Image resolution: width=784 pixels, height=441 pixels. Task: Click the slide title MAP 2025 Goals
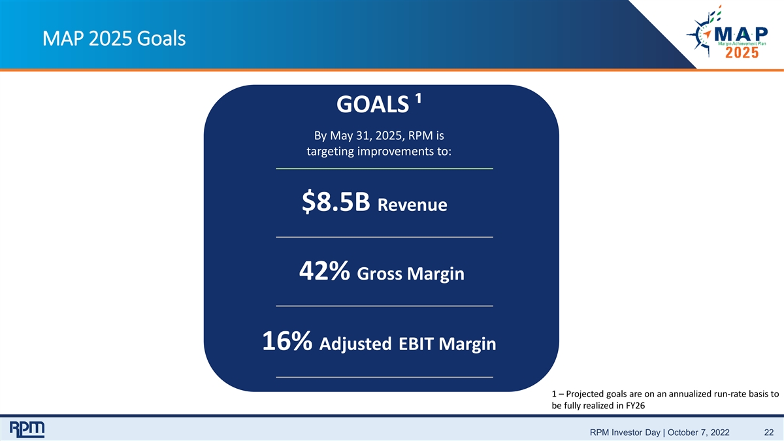[x=114, y=39]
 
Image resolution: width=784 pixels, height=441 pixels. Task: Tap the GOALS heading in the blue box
[x=372, y=105]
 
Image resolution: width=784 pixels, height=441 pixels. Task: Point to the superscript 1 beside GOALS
[x=418, y=99]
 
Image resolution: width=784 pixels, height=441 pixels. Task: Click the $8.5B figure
[x=336, y=202]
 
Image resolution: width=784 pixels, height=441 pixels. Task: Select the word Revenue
[x=412, y=204]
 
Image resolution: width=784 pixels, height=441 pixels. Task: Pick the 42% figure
[x=324, y=270]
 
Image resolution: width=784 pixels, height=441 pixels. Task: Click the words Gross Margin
[x=410, y=274]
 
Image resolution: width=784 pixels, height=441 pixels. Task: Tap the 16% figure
[x=287, y=341]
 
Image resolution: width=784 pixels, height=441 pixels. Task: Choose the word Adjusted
[x=355, y=344]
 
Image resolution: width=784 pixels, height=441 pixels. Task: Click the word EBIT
[x=416, y=344]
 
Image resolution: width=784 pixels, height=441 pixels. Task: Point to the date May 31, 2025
[x=367, y=136]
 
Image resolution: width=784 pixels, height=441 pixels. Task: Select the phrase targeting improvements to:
[x=379, y=152]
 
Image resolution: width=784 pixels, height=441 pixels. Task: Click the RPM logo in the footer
[x=27, y=429]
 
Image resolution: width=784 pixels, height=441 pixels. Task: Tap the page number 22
[x=769, y=433]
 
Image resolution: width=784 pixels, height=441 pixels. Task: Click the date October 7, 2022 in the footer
[x=698, y=433]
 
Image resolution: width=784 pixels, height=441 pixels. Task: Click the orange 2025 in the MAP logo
[x=742, y=53]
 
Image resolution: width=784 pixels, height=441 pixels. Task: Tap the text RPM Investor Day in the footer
[x=625, y=433]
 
